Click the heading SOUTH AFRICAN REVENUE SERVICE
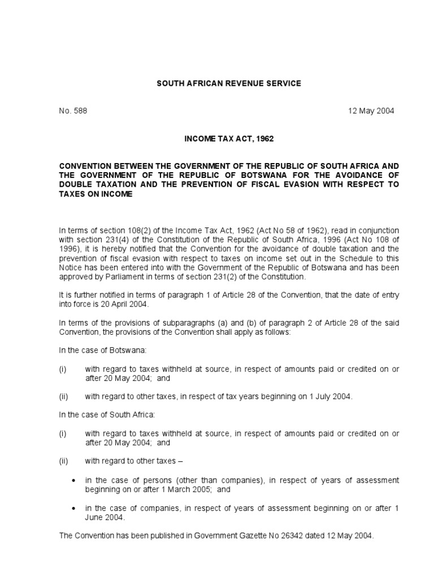[229, 84]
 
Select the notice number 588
[80, 111]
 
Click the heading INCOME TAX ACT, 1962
[229, 138]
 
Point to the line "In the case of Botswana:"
[103, 351]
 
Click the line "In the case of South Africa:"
[107, 415]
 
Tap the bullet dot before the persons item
[74, 480]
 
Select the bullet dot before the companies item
[74, 507]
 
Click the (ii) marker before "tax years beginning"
[63, 397]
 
